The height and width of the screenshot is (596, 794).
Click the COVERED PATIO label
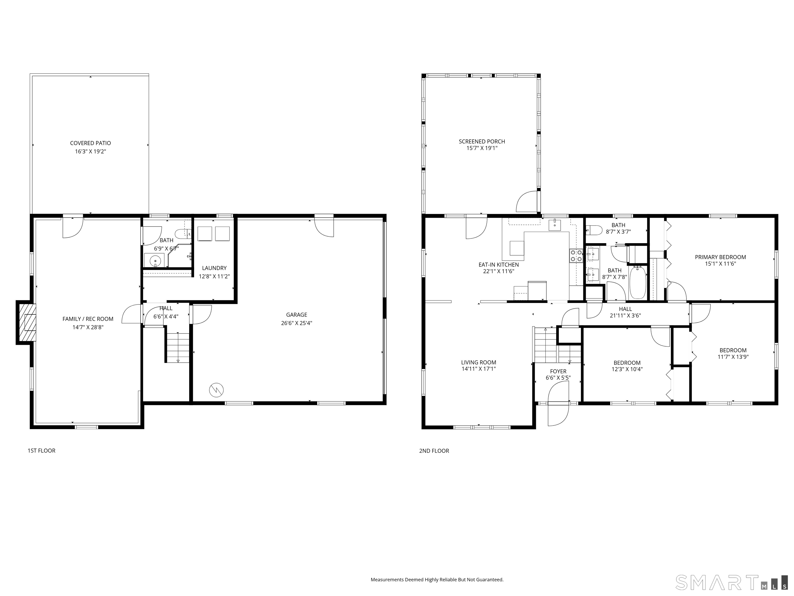(90, 143)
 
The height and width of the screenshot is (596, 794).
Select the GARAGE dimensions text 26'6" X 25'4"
(296, 323)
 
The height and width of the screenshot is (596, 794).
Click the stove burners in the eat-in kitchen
(576, 256)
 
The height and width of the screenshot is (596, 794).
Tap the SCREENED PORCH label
(482, 141)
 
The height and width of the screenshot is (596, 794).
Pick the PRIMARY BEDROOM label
(720, 257)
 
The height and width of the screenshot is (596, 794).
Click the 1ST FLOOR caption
(42, 451)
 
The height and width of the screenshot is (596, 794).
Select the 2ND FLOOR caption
(434, 451)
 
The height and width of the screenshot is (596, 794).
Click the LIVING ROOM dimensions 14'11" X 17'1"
(478, 369)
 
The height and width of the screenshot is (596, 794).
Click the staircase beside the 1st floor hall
(178, 347)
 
